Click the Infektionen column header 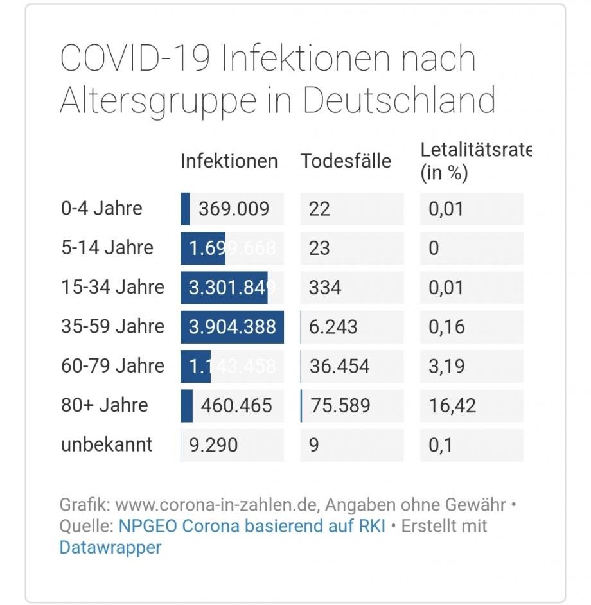pos(229,161)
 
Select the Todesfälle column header pos(346,161)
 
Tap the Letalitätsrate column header pos(475,161)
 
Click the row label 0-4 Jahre pos(101,209)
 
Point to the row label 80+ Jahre pos(104,405)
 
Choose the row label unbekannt pos(107,444)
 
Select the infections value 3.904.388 pos(233,327)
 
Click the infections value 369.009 pos(234,209)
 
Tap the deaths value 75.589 pos(340,406)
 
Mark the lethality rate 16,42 pos(452,406)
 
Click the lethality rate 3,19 pos(446,367)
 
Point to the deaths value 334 pos(325,287)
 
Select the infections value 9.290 pos(213,445)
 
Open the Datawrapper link pos(110,548)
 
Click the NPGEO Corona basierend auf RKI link pos(252,526)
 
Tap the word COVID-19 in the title pos(136,58)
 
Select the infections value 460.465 pos(236,406)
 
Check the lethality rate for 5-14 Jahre pos(434,249)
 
